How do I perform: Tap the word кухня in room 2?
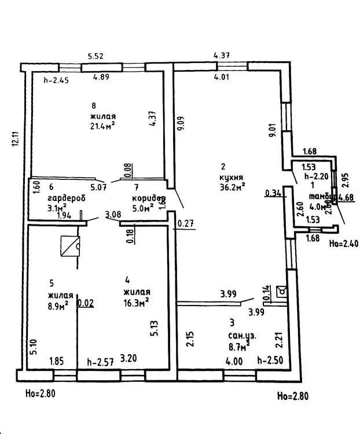click(x=231, y=177)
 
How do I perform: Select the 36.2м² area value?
click(x=233, y=186)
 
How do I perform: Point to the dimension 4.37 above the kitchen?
click(x=223, y=56)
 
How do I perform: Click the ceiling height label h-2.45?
click(x=56, y=80)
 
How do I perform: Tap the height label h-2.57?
click(x=99, y=363)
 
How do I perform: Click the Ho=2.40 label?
click(x=343, y=243)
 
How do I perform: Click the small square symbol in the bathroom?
click(x=281, y=290)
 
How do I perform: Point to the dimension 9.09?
click(x=181, y=124)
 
